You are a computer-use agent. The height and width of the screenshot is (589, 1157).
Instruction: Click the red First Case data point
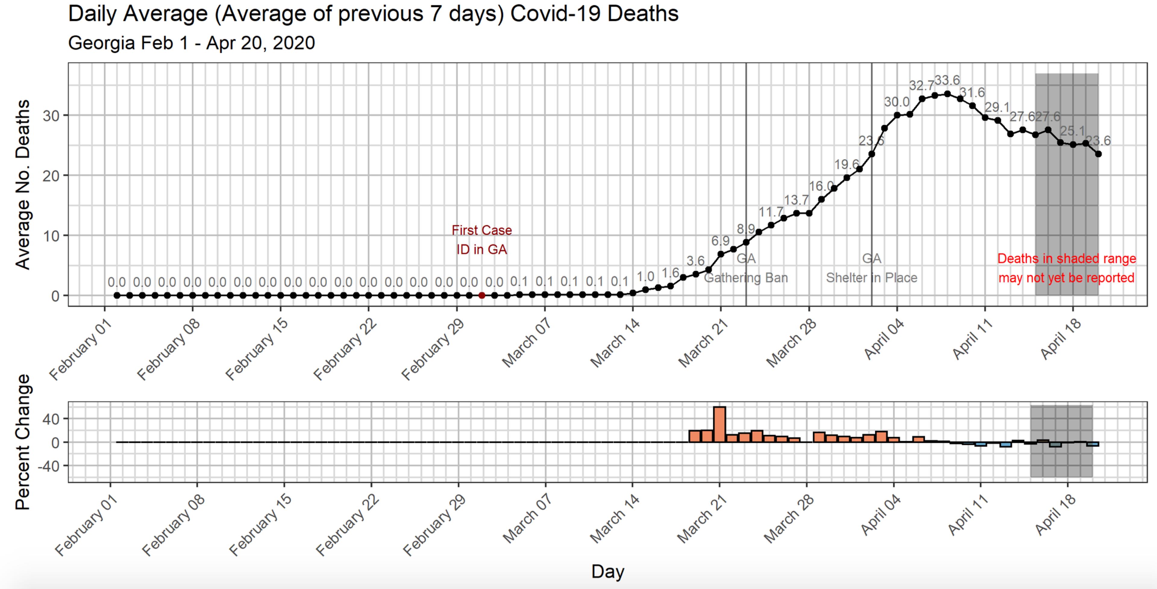(481, 295)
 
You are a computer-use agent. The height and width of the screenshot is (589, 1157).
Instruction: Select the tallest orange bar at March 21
(720, 424)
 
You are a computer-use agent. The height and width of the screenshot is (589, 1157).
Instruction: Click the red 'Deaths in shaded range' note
(1066, 268)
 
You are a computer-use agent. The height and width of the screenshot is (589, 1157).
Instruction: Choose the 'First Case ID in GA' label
(481, 240)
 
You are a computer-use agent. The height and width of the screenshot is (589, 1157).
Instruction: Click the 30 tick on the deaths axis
(51, 116)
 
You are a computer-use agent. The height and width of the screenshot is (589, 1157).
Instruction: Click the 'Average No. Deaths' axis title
(23, 184)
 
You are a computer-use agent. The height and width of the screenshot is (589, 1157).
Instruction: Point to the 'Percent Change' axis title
(23, 442)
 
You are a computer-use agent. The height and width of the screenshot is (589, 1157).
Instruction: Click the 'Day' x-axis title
(608, 572)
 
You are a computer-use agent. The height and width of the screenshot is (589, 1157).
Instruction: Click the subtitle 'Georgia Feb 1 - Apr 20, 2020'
(191, 43)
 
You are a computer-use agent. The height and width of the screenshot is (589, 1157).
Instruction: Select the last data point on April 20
(1098, 154)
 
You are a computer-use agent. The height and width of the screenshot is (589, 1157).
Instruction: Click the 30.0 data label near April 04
(896, 102)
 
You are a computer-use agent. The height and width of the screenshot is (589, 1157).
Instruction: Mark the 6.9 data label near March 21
(720, 241)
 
